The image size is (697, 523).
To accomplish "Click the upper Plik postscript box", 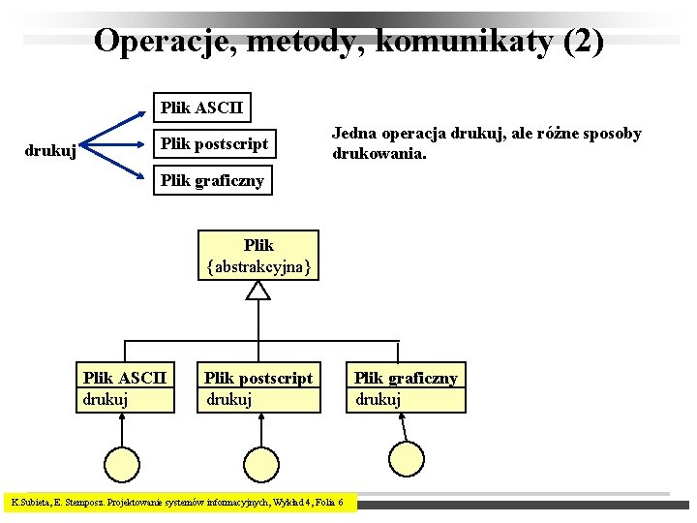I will [215, 144].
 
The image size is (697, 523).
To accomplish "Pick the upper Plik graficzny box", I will [212, 181].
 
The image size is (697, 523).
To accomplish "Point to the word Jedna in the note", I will [354, 134].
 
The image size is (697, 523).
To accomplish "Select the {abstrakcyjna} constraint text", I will [258, 267].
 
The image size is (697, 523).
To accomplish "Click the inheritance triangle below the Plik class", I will [258, 290].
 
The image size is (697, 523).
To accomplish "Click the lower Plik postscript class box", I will [258, 387].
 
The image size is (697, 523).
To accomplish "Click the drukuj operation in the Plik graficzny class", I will [379, 398].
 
